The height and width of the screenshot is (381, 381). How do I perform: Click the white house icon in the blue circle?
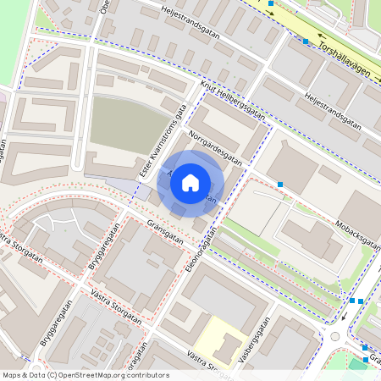click(x=190, y=182)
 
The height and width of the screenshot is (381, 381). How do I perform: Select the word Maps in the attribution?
click(x=12, y=374)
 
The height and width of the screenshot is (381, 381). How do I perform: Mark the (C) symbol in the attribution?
click(x=53, y=374)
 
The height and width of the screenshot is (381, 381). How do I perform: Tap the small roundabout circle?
click(x=334, y=336)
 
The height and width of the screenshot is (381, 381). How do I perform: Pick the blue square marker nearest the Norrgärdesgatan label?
click(x=279, y=184)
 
